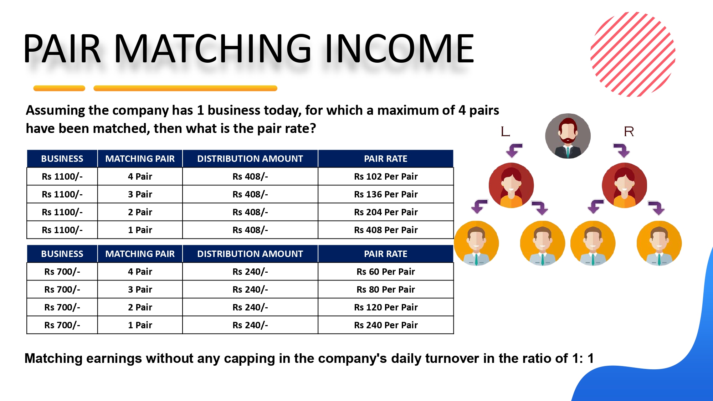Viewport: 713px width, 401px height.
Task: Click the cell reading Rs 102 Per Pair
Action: click(385, 176)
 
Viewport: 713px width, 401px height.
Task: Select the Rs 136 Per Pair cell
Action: click(385, 194)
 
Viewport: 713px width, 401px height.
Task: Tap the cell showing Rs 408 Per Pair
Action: click(385, 230)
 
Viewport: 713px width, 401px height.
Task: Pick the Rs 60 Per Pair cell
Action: click(385, 272)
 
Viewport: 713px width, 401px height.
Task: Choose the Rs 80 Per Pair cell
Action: click(385, 289)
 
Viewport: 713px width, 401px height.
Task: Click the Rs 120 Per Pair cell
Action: click(385, 307)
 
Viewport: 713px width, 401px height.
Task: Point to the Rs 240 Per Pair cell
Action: click(385, 325)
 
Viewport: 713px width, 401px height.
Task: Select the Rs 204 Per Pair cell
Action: click(385, 212)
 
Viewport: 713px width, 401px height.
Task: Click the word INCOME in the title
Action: click(399, 48)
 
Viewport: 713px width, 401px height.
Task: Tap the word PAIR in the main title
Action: click(62, 48)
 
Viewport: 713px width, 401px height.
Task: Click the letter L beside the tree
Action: click(505, 132)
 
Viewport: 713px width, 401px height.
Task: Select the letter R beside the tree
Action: click(629, 132)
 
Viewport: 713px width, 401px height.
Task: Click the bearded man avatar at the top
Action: click(568, 136)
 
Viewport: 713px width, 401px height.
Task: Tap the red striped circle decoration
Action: click(633, 54)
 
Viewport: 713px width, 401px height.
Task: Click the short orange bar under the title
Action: click(59, 88)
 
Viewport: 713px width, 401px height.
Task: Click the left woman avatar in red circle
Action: click(511, 185)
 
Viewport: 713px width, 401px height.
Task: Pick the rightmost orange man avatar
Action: click(659, 243)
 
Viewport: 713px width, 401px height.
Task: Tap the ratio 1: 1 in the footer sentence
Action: click(583, 358)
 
